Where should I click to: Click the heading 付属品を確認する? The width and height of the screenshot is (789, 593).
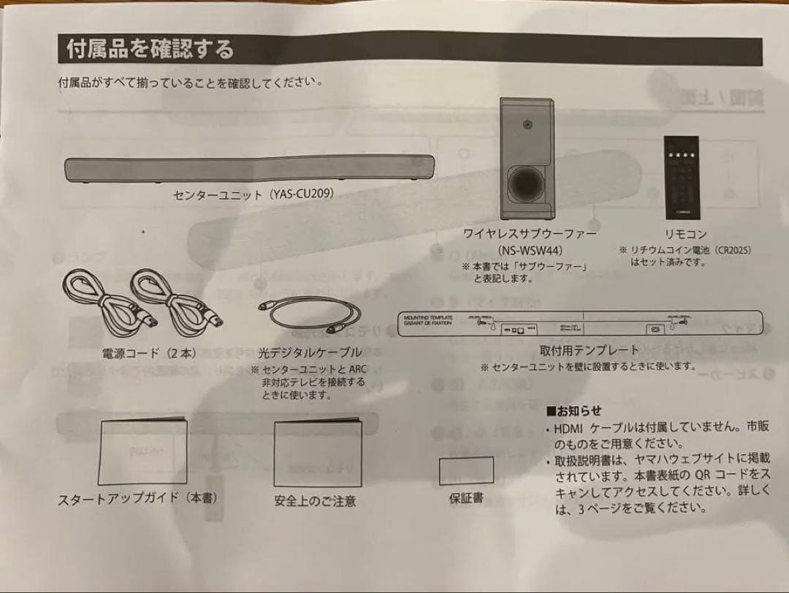(x=150, y=50)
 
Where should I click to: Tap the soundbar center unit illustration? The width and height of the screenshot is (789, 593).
(x=250, y=170)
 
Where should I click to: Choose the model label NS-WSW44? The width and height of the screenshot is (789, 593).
(x=530, y=250)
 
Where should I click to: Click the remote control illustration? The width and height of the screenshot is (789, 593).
(x=681, y=178)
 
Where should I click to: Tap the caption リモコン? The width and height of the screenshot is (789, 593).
(x=685, y=234)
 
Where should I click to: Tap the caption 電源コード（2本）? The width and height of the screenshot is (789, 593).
(x=149, y=354)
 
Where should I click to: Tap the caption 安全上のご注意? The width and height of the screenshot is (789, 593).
(x=316, y=502)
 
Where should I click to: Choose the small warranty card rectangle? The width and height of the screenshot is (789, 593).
(x=466, y=471)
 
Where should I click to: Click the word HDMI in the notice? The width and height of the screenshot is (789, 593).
(x=569, y=428)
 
